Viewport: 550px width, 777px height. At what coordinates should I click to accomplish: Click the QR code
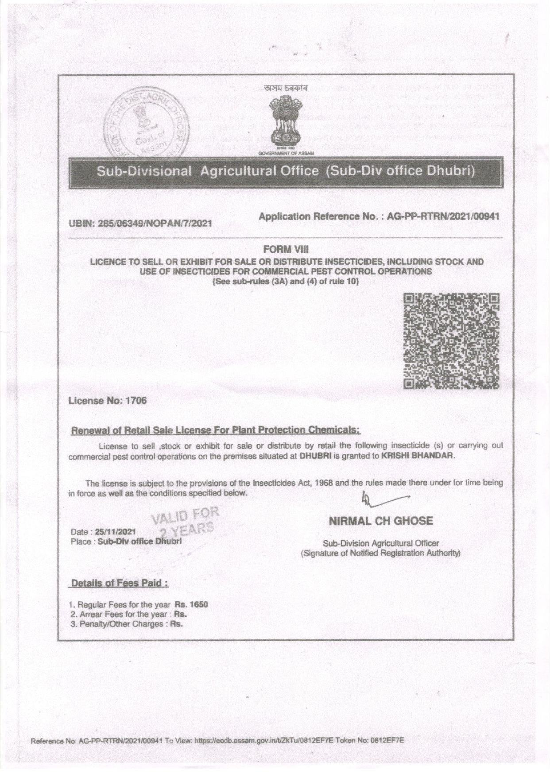pos(451,341)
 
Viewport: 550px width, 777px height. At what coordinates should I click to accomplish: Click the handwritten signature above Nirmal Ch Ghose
pos(383,499)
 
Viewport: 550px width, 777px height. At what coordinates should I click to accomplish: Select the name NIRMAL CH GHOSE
pos(381,521)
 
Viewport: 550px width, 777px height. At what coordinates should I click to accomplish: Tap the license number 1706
pos(136,401)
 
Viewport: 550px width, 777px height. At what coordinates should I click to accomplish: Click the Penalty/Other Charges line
pos(126,624)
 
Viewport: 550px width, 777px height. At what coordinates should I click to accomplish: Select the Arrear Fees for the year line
pos(128,614)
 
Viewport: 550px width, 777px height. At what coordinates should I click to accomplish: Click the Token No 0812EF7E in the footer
pos(390,740)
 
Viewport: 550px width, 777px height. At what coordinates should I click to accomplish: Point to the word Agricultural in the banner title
pos(259,171)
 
